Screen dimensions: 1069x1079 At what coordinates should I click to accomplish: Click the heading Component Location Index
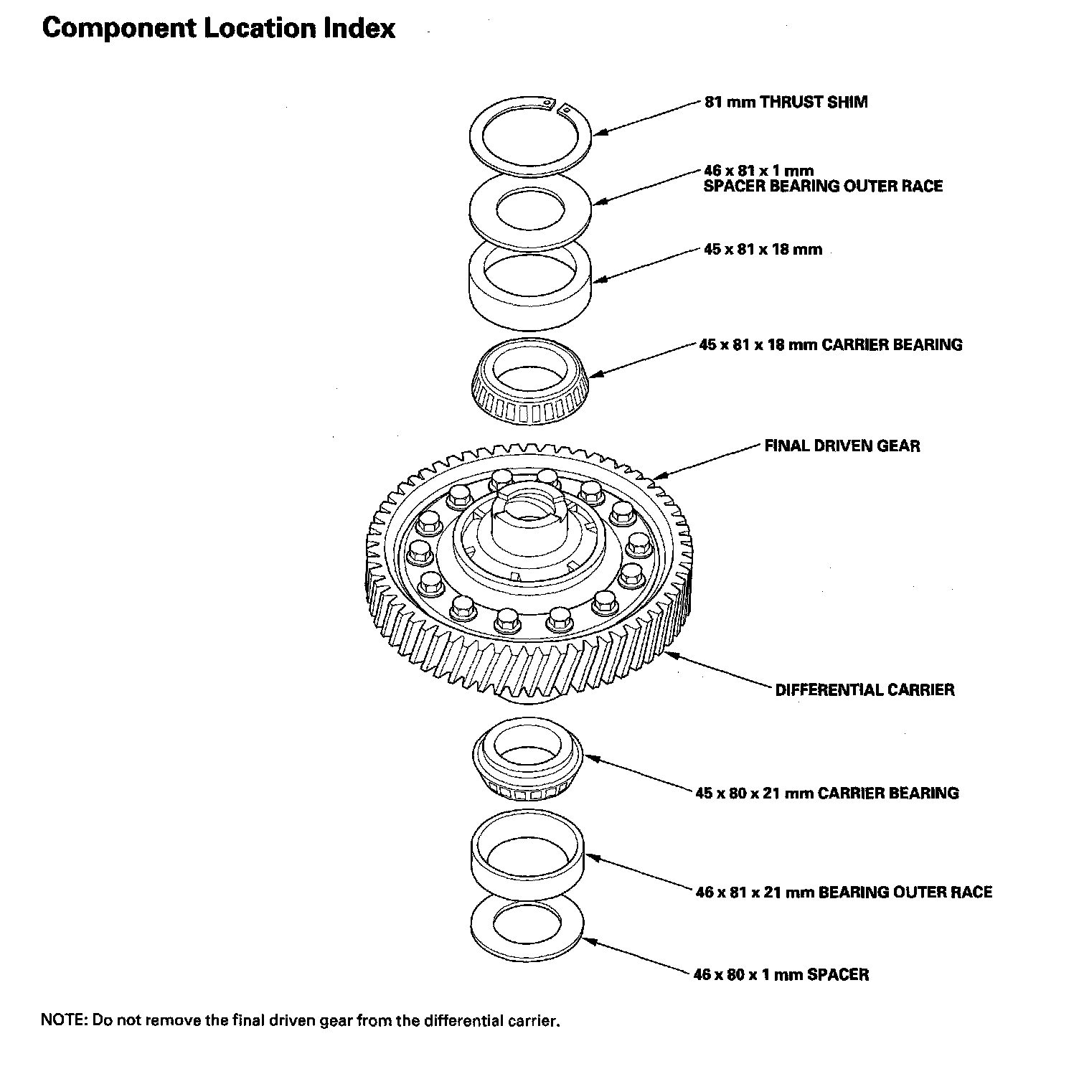tap(219, 29)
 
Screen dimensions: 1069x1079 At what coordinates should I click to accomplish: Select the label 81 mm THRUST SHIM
tap(786, 102)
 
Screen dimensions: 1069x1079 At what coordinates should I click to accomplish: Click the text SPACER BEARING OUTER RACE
tap(823, 187)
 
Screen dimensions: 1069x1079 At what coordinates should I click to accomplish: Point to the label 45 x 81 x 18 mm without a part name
tap(763, 250)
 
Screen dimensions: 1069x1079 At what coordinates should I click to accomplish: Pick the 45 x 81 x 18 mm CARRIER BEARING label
tap(831, 344)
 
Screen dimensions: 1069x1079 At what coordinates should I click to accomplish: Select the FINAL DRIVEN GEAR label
tap(842, 446)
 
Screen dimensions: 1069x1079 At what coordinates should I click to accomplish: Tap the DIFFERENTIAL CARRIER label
tap(864, 690)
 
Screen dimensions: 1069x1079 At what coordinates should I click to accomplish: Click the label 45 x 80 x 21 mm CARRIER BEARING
tap(826, 793)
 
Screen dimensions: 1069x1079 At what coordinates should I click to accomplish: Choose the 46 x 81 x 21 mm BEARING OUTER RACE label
tap(844, 893)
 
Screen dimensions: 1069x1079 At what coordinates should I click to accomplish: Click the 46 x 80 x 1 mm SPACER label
tap(781, 974)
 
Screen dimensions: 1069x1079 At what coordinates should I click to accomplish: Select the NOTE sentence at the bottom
tap(300, 1020)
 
